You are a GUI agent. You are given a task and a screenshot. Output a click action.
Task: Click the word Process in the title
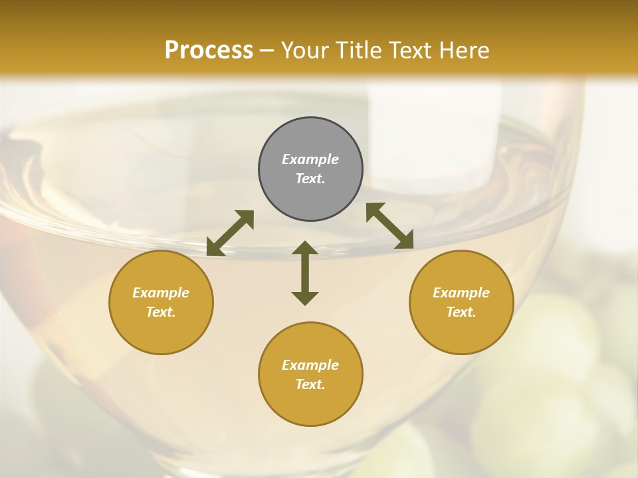click(209, 50)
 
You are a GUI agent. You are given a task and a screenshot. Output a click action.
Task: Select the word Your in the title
click(302, 50)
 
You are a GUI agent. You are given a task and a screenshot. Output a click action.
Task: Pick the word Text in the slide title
click(410, 50)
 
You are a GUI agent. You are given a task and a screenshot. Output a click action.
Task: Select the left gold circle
click(161, 332)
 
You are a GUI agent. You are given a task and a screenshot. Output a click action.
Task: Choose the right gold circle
click(461, 332)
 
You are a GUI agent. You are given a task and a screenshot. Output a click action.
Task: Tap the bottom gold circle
click(310, 405)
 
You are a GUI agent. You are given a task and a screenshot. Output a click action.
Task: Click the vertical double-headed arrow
click(305, 273)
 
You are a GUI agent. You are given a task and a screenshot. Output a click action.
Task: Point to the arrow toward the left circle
click(230, 233)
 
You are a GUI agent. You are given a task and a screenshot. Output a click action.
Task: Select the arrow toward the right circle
click(390, 226)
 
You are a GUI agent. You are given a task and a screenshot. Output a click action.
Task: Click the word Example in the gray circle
click(310, 159)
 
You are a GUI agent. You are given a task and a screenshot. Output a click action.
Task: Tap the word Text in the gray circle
click(310, 179)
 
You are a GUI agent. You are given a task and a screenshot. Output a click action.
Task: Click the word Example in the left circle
click(161, 293)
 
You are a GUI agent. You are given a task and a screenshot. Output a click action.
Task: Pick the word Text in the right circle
click(461, 312)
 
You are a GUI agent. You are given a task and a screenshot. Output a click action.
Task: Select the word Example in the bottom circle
click(310, 365)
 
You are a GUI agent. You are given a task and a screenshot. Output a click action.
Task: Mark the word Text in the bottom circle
click(310, 384)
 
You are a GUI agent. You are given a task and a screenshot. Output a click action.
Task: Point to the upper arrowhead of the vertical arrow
click(305, 248)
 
